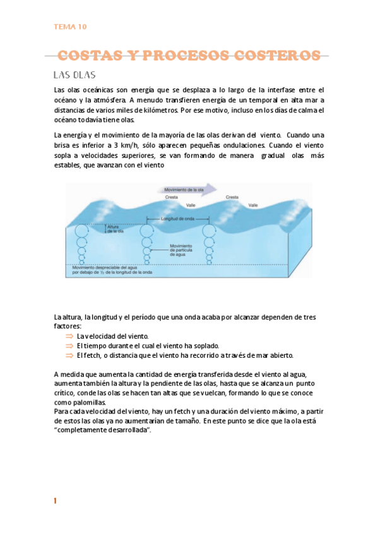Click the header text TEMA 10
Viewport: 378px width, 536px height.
(x=71, y=27)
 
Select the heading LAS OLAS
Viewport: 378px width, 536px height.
(x=74, y=75)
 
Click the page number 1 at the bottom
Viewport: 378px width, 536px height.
(x=56, y=501)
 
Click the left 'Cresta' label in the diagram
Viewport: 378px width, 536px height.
(x=171, y=197)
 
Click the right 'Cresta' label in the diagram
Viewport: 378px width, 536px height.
(x=232, y=197)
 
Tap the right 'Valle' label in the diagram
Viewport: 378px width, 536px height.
(x=253, y=205)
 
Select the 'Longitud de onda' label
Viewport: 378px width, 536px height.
(x=176, y=219)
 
